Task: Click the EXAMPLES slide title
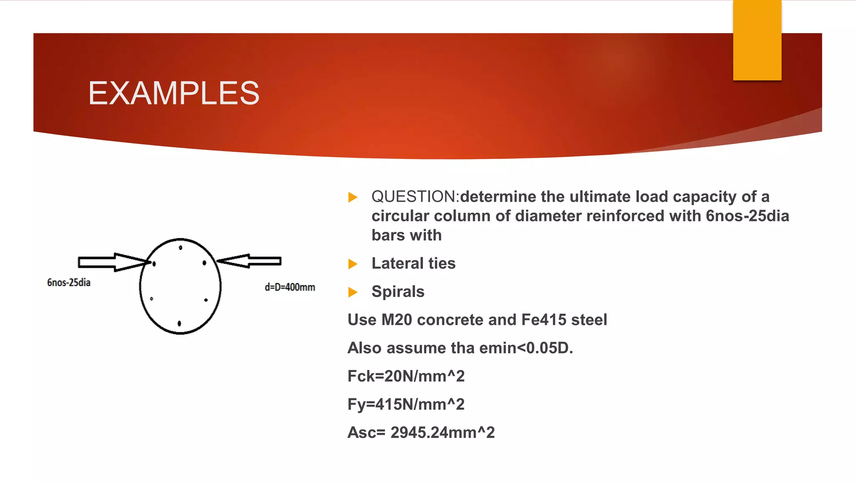[x=173, y=93]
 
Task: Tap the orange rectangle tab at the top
[x=757, y=40]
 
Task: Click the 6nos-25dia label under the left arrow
[x=69, y=283]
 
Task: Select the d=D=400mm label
[x=290, y=287]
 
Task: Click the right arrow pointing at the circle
[x=250, y=261]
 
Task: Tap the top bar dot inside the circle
[x=181, y=248]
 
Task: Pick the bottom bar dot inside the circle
[x=179, y=323]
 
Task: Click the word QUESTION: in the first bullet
[x=415, y=197]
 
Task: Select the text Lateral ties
[x=413, y=264]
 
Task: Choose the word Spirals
[x=398, y=292]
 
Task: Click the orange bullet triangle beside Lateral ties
[x=353, y=264]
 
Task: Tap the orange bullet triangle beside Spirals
[x=353, y=292]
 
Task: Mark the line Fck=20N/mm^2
[x=406, y=376]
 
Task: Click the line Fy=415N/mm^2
[x=406, y=405]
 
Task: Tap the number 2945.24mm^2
[x=442, y=433]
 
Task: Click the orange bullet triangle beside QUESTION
[x=353, y=197]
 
